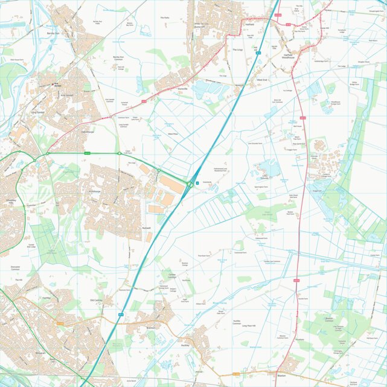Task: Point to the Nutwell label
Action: coord(146,228)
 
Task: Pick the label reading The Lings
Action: coord(237,50)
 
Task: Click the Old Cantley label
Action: coord(97,299)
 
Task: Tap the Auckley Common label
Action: coord(237,322)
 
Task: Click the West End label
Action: coord(261,80)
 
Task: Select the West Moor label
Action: coord(172,134)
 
